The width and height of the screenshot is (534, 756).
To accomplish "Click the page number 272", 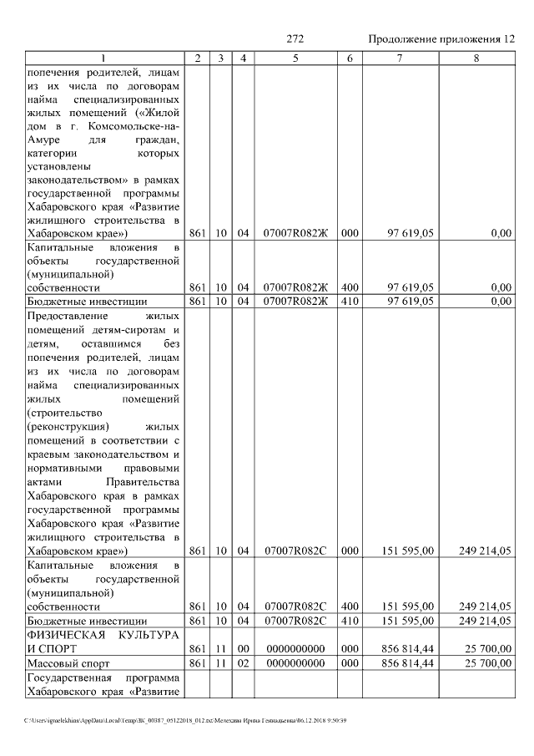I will tap(295, 39).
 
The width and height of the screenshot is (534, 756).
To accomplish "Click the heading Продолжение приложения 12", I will tap(442, 39).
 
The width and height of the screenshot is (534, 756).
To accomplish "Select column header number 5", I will tap(295, 58).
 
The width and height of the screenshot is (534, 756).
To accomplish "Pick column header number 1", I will tap(103, 58).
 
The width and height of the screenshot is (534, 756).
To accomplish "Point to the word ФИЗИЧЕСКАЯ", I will tap(68, 635).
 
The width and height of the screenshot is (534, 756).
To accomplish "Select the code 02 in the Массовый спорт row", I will tap(243, 663).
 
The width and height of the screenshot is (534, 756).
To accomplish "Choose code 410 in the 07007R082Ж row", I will tap(350, 302).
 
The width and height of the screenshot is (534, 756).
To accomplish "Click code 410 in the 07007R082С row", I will tap(350, 621).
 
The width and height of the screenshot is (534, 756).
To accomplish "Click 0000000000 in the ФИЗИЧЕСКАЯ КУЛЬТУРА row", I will tap(295, 648).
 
